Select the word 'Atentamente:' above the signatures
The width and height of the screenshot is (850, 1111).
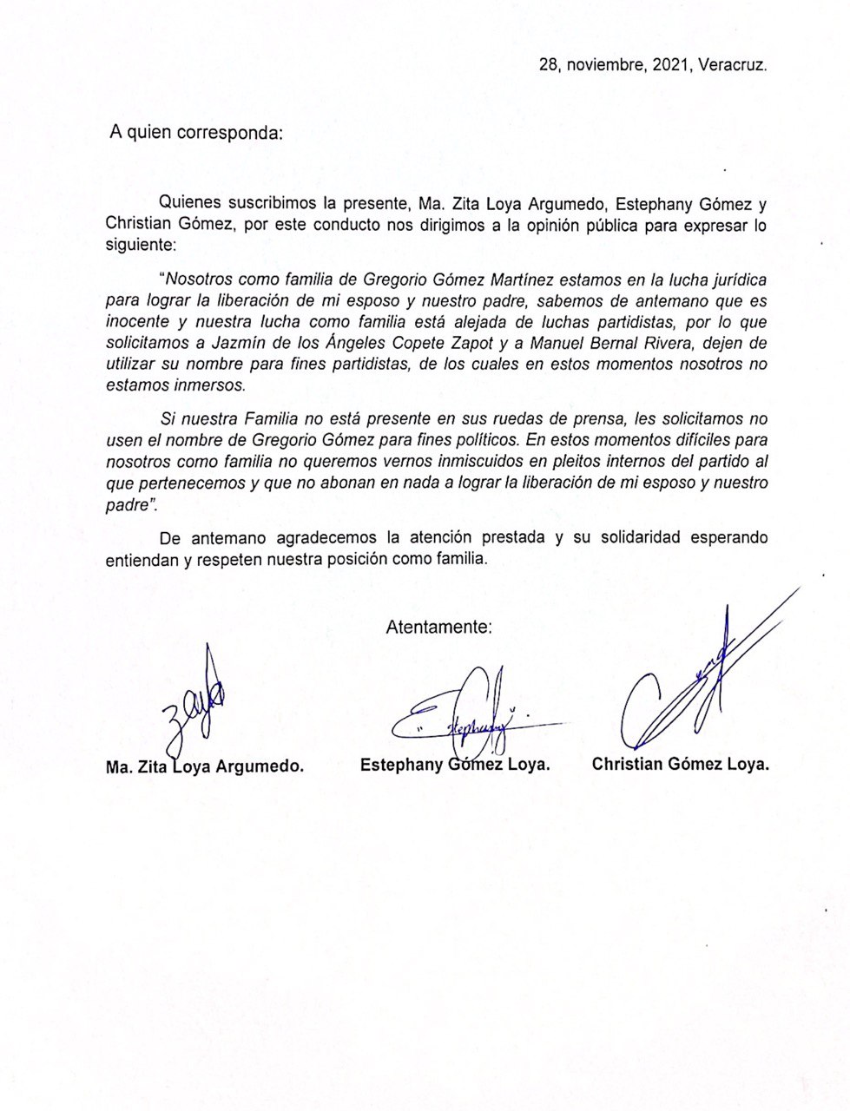coord(439,626)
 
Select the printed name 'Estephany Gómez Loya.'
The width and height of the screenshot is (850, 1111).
coord(455,765)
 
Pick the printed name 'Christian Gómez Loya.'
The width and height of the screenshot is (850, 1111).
coord(681,764)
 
